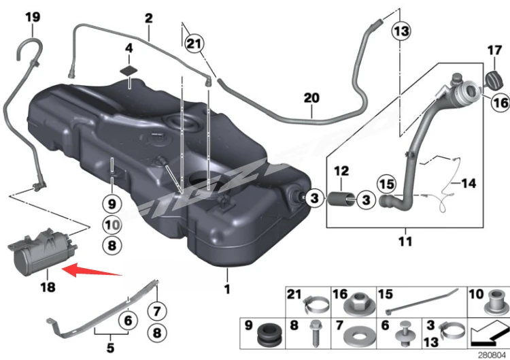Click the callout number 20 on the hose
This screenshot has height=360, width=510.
[311, 98]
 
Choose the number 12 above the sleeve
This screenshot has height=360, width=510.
[341, 170]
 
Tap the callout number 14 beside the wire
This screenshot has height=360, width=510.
[469, 183]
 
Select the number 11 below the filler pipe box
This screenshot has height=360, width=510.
[405, 241]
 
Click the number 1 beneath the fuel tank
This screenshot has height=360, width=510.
[227, 289]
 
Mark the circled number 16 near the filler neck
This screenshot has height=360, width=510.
[500, 103]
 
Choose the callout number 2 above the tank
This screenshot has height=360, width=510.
[148, 18]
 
